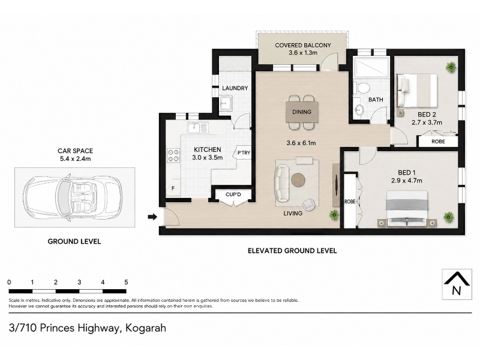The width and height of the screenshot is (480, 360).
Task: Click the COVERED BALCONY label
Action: click(303, 46)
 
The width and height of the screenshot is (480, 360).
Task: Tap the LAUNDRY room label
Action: click(235, 88)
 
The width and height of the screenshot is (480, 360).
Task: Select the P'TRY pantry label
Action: click(244, 152)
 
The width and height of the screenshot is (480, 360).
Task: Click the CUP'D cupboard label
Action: click(233, 194)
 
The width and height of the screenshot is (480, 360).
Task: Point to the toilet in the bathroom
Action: click(362, 88)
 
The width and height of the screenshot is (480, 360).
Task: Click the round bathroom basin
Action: click(359, 109)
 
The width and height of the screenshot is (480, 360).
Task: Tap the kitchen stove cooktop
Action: click(173, 155)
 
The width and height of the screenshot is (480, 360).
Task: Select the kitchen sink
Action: click(198, 127)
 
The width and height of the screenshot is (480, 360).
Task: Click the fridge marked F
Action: click(173, 188)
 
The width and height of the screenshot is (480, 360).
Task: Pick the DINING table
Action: click(302, 112)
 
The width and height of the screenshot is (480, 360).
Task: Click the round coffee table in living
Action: click(298, 179)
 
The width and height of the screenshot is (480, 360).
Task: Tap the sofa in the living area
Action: click(281, 182)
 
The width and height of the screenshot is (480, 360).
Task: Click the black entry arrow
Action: click(152, 217)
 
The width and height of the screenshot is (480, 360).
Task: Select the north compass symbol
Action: click(457, 284)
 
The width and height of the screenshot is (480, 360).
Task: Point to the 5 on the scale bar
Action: click(126, 282)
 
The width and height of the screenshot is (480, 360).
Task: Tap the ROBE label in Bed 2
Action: click(438, 142)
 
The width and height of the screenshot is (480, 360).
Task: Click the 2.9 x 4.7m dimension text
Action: click(407, 181)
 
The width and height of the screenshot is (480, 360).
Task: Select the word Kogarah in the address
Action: click(146, 328)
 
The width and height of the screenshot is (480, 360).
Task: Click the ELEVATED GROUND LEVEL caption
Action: click(292, 251)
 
